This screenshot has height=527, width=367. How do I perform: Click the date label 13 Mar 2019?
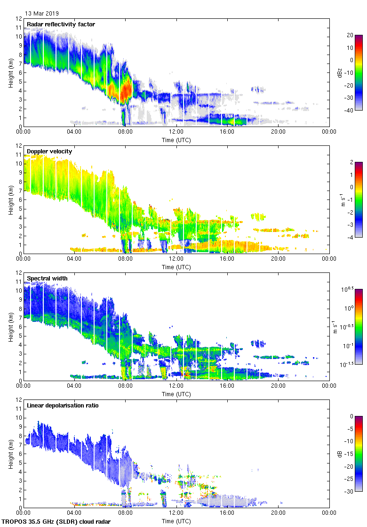pyautogui.click(x=42, y=14)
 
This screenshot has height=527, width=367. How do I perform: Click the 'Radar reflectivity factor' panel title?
pyautogui.click(x=61, y=24)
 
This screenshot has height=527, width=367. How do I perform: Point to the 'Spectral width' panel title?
pyautogui.click(x=47, y=278)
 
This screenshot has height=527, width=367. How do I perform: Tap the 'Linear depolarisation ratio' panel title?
pyautogui.click(x=63, y=405)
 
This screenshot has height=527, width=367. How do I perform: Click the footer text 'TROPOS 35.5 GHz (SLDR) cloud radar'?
pyautogui.click(x=56, y=521)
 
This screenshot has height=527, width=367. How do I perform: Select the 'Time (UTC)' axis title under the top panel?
pyautogui.click(x=176, y=140)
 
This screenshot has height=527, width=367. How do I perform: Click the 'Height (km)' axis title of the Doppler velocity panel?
pyautogui.click(x=11, y=200)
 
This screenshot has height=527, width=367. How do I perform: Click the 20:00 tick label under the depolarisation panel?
pyautogui.click(x=278, y=513)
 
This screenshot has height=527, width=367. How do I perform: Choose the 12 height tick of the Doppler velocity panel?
pyautogui.click(x=18, y=146)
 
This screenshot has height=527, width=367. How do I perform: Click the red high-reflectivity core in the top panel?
pyautogui.click(x=125, y=90)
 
